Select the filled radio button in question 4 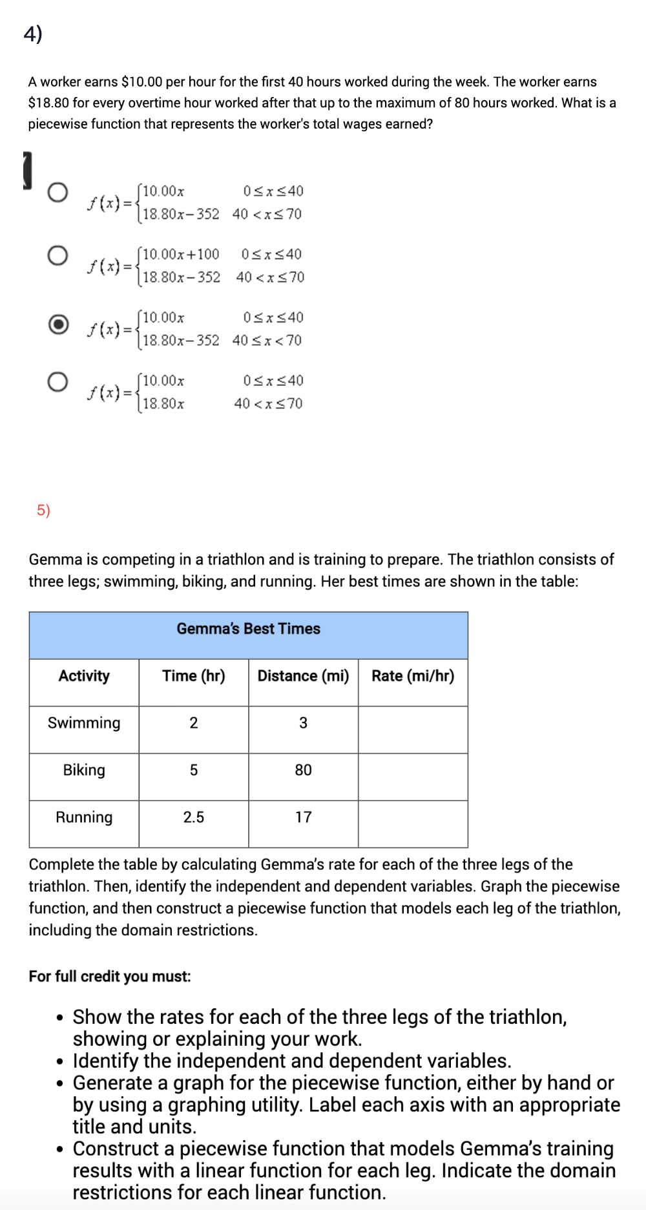click(58, 324)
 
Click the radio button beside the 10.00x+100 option click(57, 255)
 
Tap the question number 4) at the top click(33, 33)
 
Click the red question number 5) click(43, 510)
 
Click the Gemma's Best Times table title click(248, 628)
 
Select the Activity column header click(84, 675)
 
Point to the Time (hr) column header click(193, 675)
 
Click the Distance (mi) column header click(303, 675)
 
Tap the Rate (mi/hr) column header click(413, 675)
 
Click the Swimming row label click(84, 723)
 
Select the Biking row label click(84, 770)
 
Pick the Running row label click(84, 817)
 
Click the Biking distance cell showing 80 click(303, 770)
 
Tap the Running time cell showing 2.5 click(193, 817)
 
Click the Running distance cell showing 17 click(303, 817)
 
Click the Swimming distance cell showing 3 click(303, 723)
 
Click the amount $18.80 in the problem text click(49, 103)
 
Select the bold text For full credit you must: click(110, 976)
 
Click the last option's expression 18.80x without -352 click(163, 404)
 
